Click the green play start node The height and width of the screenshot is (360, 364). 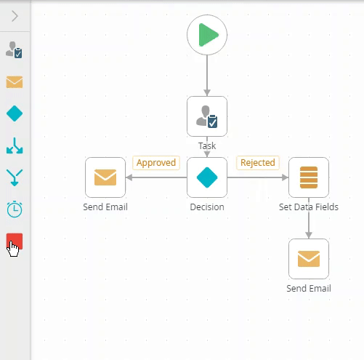coord(207,35)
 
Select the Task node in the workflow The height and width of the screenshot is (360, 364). coord(207,116)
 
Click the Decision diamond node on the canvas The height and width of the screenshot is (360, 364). coord(207,177)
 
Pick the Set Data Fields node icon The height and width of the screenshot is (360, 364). coord(309,177)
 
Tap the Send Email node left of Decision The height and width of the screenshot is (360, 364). coord(105,177)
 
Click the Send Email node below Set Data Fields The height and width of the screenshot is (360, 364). coord(309,259)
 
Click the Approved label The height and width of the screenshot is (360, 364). coord(156,163)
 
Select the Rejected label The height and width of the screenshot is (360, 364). coord(258,163)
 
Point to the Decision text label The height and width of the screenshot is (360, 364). coord(207,207)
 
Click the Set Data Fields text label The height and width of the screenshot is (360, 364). coord(309,207)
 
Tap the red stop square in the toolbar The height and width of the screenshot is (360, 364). coord(15,241)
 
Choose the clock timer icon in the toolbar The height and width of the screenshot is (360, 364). coord(15,209)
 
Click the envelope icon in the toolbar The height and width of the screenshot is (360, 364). coord(15,82)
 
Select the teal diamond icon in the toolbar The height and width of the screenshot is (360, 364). coord(15,113)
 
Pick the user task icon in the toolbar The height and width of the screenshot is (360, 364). coord(14,49)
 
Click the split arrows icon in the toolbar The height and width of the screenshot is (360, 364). coord(15,145)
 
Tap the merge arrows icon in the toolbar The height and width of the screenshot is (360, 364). coord(15,177)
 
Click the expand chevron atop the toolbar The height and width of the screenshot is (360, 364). coord(15,16)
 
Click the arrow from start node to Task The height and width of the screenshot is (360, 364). coord(207,76)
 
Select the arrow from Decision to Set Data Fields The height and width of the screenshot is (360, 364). coord(258,177)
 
